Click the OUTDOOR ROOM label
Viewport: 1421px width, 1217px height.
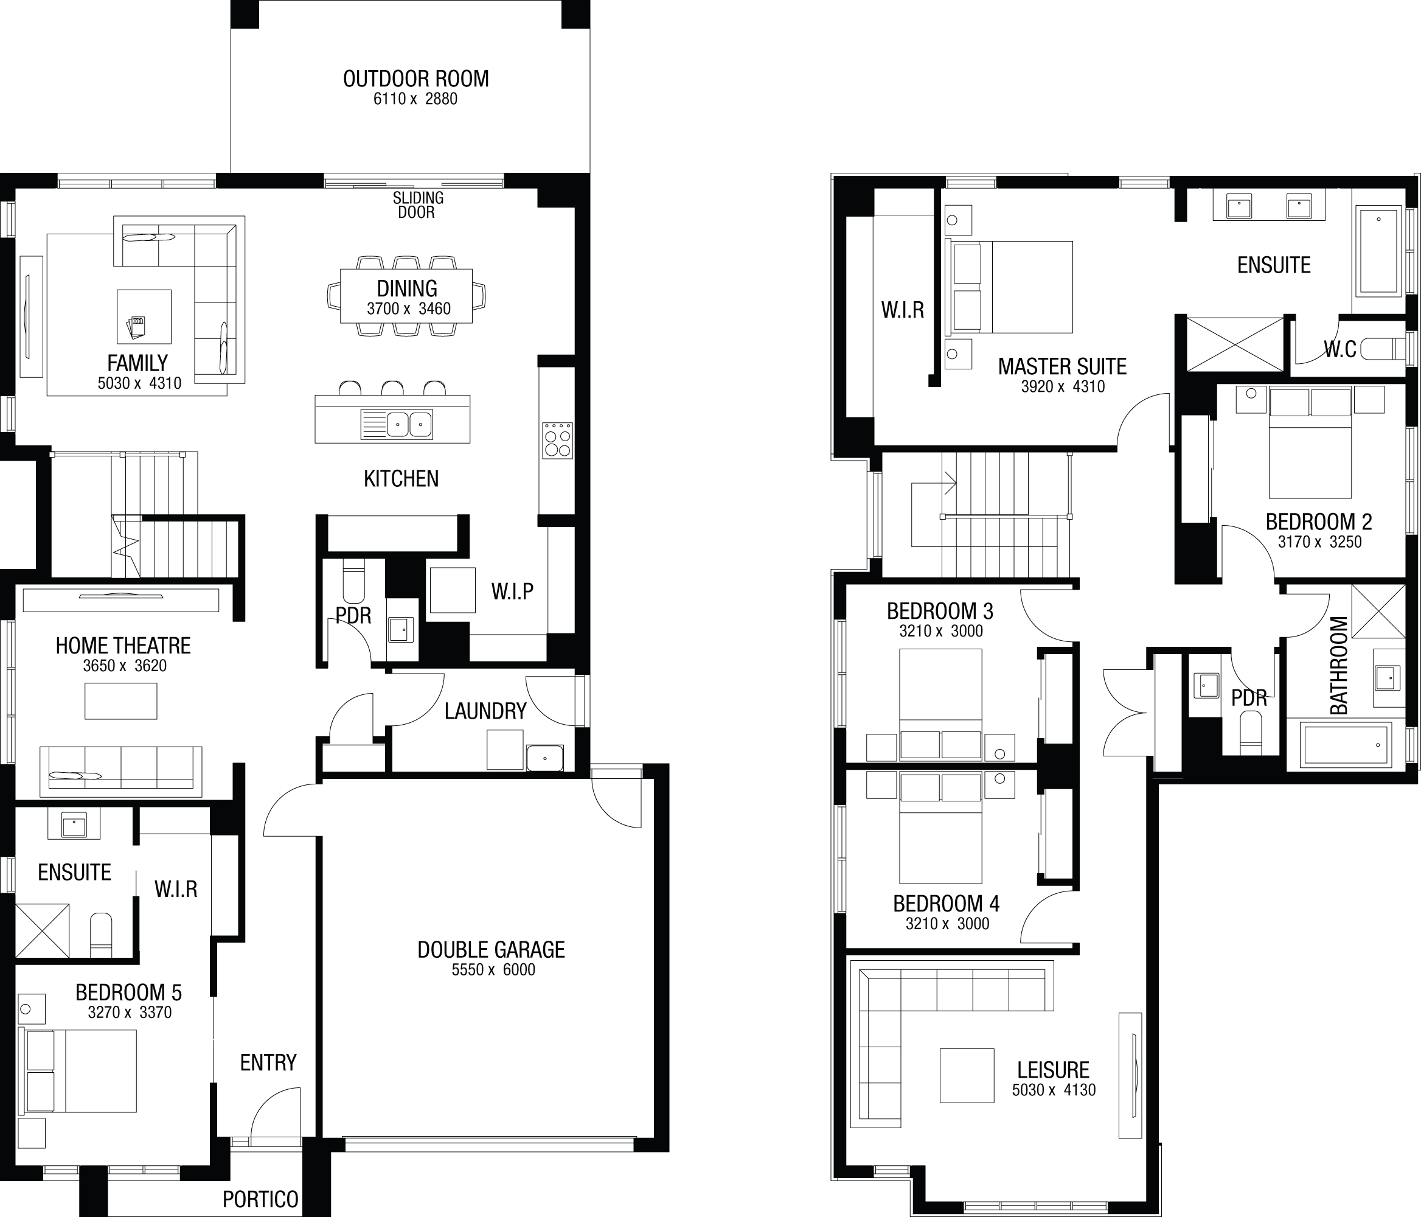415,79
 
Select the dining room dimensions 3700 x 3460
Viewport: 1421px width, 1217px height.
409,309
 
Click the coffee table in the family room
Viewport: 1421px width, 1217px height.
144,316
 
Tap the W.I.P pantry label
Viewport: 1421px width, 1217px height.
512,591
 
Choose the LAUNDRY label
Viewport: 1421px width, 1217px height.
485,711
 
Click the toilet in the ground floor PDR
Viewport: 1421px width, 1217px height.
354,581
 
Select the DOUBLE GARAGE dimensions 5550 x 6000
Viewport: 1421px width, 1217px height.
493,970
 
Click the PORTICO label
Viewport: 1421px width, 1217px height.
260,1199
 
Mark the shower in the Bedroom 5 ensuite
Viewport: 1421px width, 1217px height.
43,930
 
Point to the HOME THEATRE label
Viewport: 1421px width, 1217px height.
123,646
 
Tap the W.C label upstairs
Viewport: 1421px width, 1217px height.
1340,349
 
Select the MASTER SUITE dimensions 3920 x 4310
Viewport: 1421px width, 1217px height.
1063,387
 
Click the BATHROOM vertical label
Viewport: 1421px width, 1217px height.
1339,666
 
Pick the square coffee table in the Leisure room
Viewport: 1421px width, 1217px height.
967,1076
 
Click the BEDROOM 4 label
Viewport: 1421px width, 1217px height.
947,904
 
